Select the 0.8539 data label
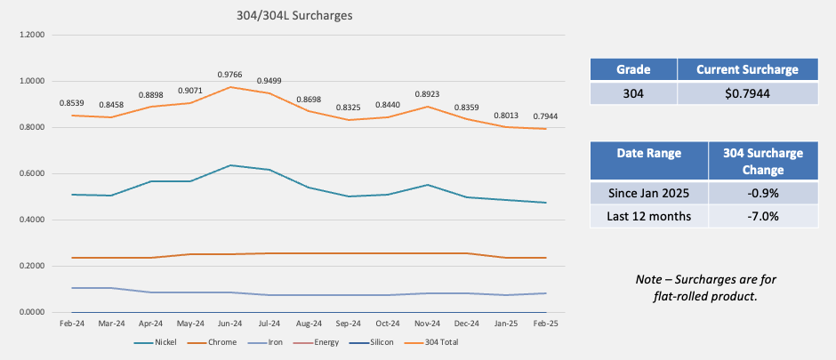pyautogui.click(x=72, y=103)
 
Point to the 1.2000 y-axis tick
pyautogui.click(x=30, y=36)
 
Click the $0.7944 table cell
pyautogui.click(x=747, y=93)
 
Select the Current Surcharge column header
pyautogui.click(x=747, y=69)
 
